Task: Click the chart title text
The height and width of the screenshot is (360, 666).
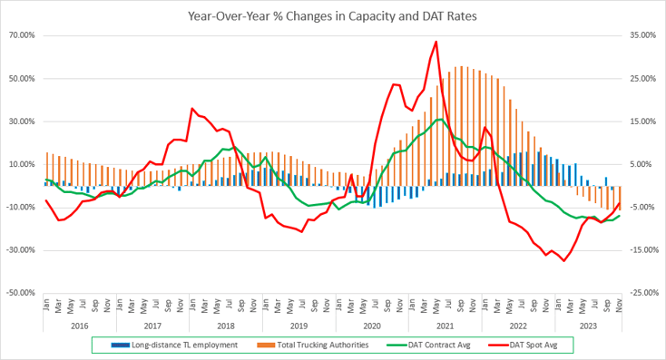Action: click(x=332, y=15)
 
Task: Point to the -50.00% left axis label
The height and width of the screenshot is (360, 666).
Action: click(x=18, y=293)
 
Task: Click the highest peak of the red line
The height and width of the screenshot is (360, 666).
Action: click(x=436, y=42)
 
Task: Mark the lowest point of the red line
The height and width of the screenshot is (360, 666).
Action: click(x=564, y=261)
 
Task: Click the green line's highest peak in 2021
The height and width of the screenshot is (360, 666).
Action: click(x=439, y=120)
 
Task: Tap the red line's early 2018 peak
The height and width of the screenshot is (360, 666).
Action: click(x=192, y=109)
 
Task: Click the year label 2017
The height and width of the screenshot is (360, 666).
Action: click(x=151, y=325)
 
